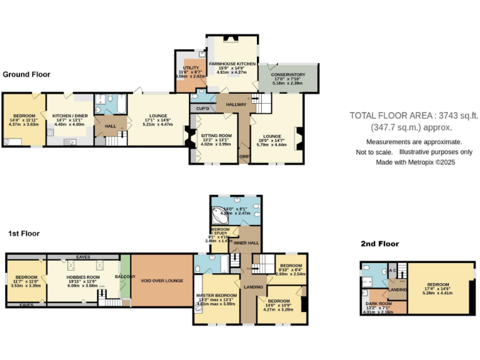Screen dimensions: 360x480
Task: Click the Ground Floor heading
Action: click(26, 74)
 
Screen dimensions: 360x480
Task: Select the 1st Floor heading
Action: click(24, 233)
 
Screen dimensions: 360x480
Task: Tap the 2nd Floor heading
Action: click(379, 244)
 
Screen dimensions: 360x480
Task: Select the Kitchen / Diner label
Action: click(69, 116)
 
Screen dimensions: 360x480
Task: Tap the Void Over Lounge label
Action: click(161, 281)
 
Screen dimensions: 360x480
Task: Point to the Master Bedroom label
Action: click(216, 295)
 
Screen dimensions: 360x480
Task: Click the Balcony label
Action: click(124, 276)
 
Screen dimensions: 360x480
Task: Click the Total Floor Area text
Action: click(414, 115)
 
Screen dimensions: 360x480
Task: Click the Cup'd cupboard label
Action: click(202, 109)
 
